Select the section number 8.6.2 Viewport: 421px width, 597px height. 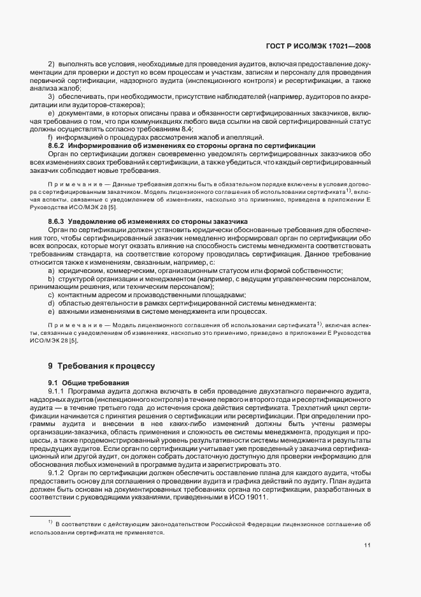(x=58, y=145)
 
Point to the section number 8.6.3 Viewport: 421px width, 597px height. (x=58, y=221)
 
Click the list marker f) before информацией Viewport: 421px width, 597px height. (x=50, y=138)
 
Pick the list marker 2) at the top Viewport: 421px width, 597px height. (x=51, y=65)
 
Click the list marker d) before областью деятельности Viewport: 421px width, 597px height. (x=50, y=303)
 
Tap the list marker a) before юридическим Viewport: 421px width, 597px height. (x=50, y=271)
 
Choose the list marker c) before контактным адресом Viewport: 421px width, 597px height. (x=50, y=295)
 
